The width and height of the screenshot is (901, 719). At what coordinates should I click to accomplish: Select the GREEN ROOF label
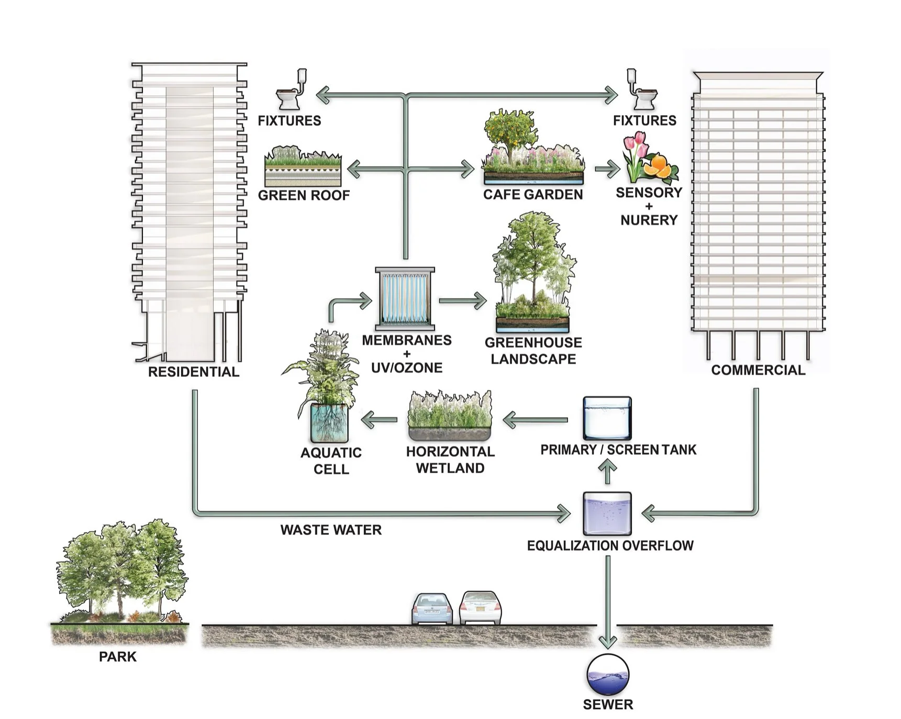[x=304, y=195]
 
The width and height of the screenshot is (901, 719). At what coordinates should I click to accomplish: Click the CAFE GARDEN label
[x=532, y=195]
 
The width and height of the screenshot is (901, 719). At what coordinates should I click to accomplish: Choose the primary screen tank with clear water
[x=607, y=418]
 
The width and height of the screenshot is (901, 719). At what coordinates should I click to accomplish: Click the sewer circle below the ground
[x=607, y=675]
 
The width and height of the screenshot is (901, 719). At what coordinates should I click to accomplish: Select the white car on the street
[x=480, y=608]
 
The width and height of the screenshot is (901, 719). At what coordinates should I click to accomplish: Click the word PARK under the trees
[x=118, y=657]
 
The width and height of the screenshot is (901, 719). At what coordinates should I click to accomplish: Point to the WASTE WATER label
[x=331, y=530]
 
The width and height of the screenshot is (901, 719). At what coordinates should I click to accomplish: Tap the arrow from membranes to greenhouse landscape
[x=462, y=301]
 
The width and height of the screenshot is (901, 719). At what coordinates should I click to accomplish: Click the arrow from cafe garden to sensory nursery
[x=607, y=169]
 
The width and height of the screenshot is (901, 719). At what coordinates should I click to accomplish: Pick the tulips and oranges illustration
[x=649, y=158]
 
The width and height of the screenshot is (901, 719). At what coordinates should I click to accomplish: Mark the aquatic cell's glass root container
[x=329, y=422]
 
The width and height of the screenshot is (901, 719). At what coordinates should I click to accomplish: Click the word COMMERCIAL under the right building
[x=758, y=370]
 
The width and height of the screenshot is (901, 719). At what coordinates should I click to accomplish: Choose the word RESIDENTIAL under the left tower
[x=194, y=372]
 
